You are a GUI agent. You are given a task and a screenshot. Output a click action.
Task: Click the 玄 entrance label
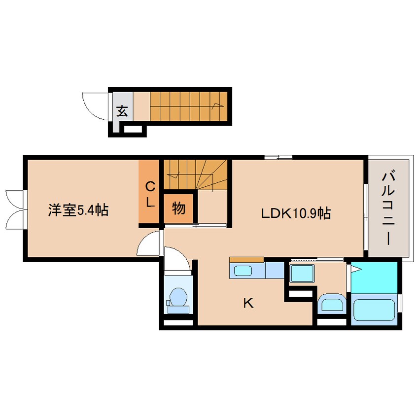122,111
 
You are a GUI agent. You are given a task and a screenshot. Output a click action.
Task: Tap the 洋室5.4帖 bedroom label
78,210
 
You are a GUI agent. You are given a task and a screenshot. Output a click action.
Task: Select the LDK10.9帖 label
296,213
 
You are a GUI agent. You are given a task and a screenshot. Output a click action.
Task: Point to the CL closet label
150,195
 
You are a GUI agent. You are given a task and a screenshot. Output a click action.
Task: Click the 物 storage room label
178,208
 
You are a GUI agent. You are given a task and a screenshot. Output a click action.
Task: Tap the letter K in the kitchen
248,303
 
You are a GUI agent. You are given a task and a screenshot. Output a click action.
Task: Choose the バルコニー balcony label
388,208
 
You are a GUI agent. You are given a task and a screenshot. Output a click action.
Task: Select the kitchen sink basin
243,271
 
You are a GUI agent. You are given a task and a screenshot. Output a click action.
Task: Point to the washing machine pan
302,274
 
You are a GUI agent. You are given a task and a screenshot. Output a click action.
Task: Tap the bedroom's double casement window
16,209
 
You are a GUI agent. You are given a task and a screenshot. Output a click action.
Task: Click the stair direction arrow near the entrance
217,105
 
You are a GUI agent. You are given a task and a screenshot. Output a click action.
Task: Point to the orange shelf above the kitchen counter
246,260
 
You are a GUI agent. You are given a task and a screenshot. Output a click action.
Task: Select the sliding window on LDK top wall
278,157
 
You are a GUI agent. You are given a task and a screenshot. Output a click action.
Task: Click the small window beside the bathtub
400,303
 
